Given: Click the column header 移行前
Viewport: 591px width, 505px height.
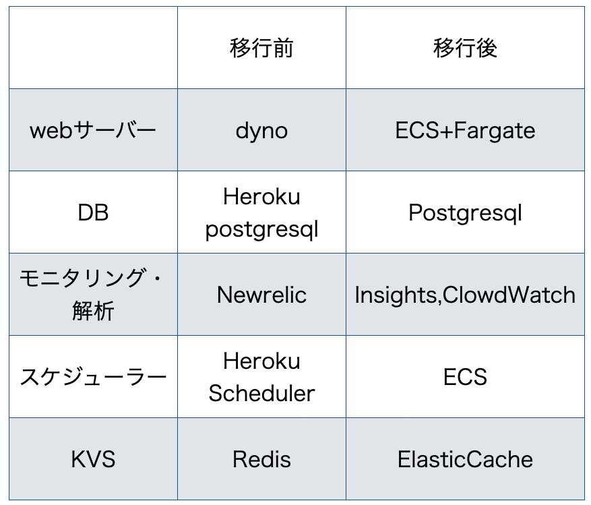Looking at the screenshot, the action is coord(261,48).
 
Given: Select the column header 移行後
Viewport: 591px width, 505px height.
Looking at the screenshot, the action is coord(465,48).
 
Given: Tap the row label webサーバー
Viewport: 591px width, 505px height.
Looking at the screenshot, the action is coord(93,131).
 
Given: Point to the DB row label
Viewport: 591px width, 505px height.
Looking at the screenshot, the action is coord(93,212).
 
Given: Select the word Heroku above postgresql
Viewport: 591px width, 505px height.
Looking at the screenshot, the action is coord(261,196).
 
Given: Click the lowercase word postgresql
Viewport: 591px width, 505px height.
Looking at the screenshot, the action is coord(261,230).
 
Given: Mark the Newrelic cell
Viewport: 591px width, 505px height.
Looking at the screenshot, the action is coord(261,295).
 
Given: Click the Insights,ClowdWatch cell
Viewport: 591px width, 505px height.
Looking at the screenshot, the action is coord(465,295).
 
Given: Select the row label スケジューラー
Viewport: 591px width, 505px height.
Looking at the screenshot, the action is coord(93,377).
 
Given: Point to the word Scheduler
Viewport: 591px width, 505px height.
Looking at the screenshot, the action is coord(261,393).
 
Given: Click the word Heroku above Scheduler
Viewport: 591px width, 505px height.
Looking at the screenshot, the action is coord(261,361).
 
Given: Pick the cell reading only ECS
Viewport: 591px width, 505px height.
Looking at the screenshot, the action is coord(465,377).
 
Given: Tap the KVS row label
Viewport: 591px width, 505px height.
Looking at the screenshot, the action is coord(93,459).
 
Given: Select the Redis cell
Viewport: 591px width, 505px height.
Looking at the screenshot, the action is coord(261,459).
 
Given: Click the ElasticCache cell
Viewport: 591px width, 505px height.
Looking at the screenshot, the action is coord(465,459).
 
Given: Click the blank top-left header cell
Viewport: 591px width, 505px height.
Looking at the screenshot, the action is coord(93,47).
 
